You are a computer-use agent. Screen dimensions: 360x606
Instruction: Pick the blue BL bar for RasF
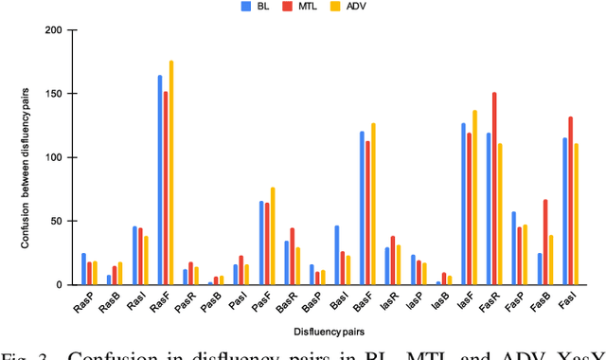point(159,180)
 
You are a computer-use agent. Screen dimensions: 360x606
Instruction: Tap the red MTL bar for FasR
point(493,189)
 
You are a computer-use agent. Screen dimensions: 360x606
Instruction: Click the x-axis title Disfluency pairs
point(325,331)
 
